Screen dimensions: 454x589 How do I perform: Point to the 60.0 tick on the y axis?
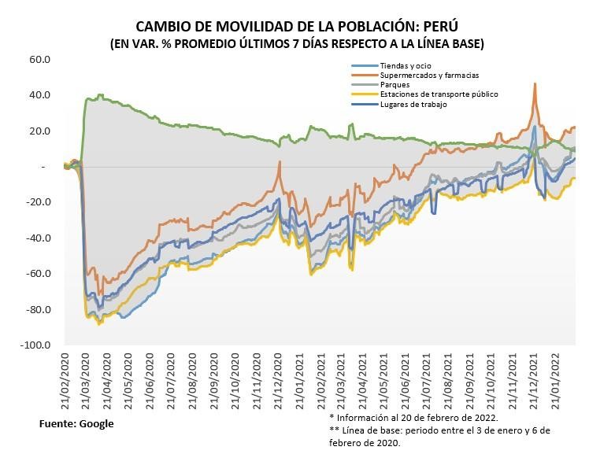[x=40, y=59]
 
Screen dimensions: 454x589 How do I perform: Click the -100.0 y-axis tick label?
[x=36, y=345]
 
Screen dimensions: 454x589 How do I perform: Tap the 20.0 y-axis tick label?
[x=40, y=131]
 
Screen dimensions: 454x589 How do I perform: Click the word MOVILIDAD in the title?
[x=248, y=26]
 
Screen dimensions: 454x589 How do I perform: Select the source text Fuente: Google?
[x=76, y=423]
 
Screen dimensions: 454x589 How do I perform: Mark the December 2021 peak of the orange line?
[x=535, y=83]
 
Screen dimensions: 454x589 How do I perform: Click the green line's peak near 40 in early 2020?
[x=99, y=95]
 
